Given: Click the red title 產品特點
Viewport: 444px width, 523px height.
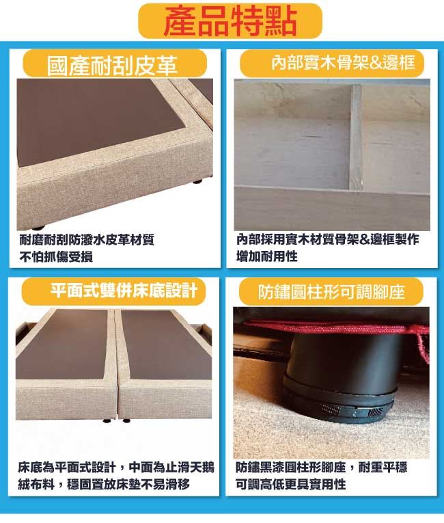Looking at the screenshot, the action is [x=230, y=21].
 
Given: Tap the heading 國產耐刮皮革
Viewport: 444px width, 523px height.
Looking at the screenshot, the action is [x=112, y=66].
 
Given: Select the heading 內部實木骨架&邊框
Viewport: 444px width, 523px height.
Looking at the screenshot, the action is [x=343, y=62].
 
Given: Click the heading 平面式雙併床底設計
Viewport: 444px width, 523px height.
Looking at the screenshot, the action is [x=124, y=291].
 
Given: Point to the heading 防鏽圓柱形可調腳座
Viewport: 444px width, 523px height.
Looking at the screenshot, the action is [x=331, y=292].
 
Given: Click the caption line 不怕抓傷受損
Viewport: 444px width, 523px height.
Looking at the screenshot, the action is [x=56, y=256].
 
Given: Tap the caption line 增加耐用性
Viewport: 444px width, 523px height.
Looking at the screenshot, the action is [x=266, y=256].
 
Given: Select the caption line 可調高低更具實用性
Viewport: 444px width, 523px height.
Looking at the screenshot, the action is [x=290, y=484].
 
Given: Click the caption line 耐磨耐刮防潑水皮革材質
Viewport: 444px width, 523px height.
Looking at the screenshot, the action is [x=87, y=239].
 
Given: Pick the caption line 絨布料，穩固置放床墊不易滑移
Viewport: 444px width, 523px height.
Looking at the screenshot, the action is [x=104, y=484].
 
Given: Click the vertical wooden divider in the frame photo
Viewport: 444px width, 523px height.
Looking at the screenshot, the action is [x=355, y=137].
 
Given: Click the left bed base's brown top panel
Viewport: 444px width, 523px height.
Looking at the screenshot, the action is [x=62, y=345].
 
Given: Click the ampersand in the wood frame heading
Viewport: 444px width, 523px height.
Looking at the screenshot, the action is [x=374, y=63].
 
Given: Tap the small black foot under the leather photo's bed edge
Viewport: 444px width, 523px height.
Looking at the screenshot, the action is [x=39, y=228].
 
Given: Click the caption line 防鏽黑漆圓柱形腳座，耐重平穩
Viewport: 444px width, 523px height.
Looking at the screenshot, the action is [x=321, y=467].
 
